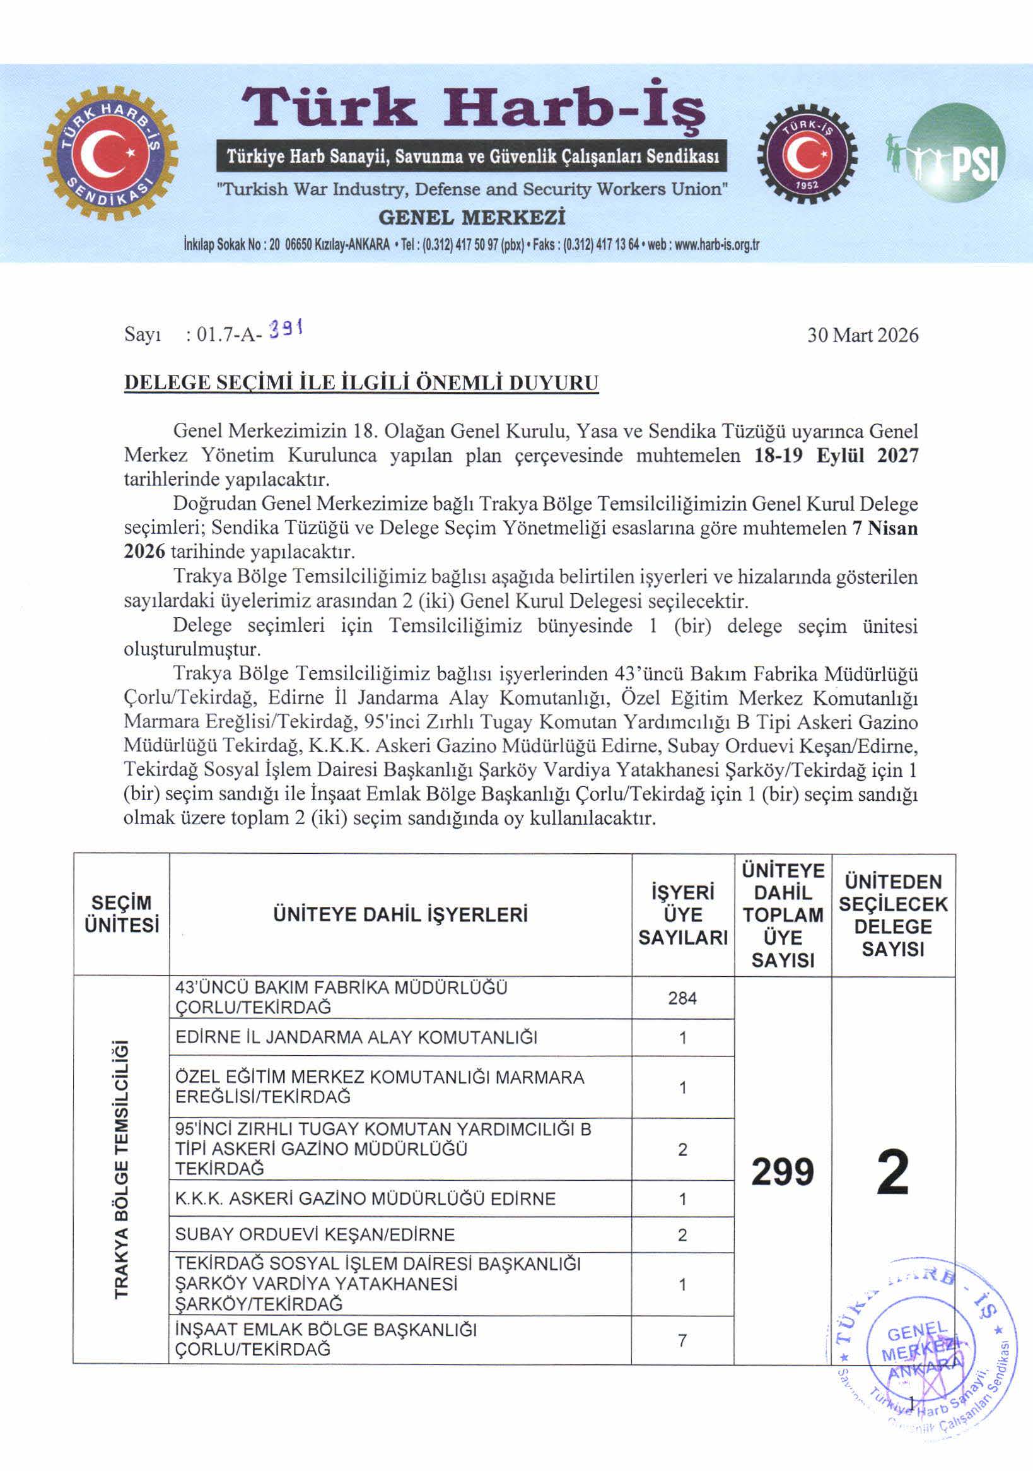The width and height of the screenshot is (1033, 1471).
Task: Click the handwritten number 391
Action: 286,331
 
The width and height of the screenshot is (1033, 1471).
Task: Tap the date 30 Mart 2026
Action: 862,335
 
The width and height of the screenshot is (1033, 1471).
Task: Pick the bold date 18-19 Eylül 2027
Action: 836,456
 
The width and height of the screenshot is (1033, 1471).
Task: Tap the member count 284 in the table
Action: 682,998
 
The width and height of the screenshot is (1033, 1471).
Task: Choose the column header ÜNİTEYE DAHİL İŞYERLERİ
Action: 400,914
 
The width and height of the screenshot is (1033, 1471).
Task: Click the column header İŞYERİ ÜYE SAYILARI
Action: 683,915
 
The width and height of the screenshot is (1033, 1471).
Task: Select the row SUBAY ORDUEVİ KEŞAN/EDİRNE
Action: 315,1234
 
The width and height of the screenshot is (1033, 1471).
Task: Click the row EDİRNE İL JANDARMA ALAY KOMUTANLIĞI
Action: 356,1037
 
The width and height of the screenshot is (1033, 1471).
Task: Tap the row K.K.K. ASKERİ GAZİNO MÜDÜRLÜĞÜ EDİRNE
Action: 365,1199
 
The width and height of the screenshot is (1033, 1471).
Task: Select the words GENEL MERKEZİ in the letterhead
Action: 472,217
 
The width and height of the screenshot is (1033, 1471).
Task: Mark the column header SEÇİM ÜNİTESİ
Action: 122,914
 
